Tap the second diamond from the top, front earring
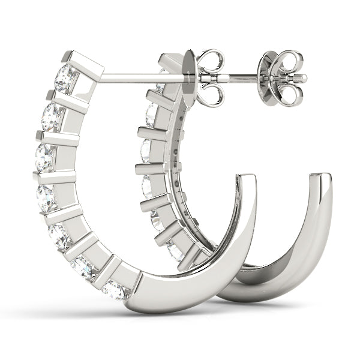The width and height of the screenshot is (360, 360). (x=53, y=117)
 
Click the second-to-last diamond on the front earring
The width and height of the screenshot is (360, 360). (x=85, y=266)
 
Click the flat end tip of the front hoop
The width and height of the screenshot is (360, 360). (x=247, y=178)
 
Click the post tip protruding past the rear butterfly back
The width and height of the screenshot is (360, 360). (x=300, y=77)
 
